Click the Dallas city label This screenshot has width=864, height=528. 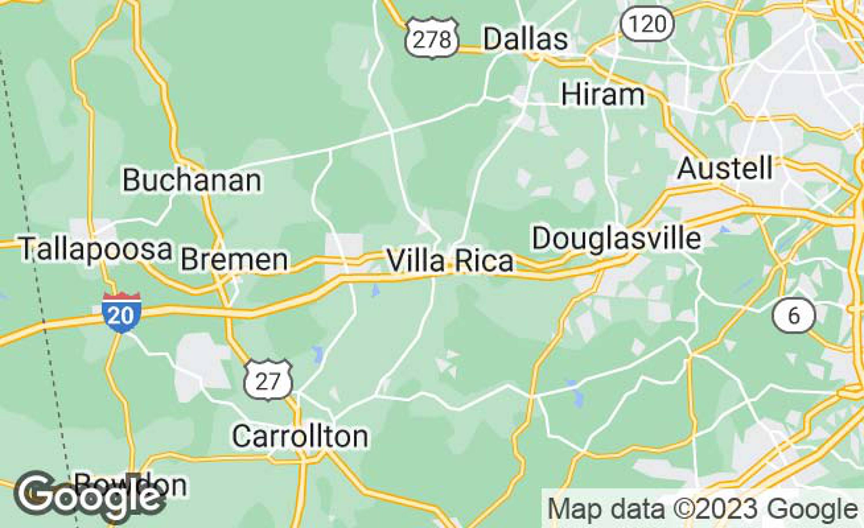525,39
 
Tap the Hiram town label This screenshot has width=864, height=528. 603,95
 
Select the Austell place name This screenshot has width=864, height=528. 725,169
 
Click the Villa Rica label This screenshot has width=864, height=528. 450,261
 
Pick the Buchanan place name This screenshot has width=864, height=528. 192,180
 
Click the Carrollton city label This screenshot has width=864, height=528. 300,436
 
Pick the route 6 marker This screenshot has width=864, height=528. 794,315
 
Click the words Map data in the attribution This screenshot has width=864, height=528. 606,509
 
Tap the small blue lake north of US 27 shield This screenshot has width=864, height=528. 318,354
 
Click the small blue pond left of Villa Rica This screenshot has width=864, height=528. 376,290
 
